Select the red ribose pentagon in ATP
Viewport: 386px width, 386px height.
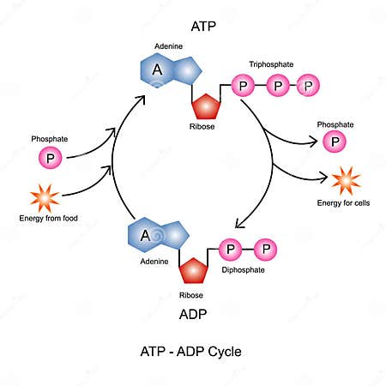pos(206,106)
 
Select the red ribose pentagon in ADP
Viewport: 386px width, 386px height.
pos(193,272)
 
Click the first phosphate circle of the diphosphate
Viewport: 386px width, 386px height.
pos(231,250)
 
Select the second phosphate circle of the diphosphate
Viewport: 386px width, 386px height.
pos(265,250)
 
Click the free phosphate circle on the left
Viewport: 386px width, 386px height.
pos(51,158)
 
